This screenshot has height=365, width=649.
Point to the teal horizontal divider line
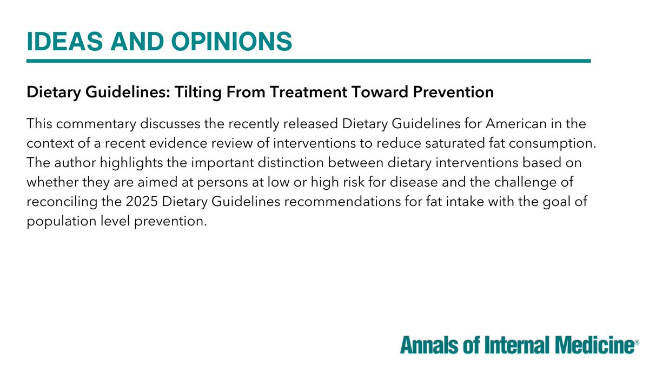coord(308,61)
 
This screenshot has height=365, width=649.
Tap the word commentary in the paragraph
coord(95,124)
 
